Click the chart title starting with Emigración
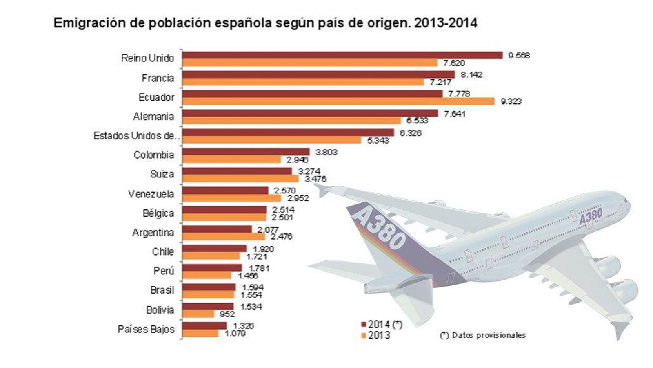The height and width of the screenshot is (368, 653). [265, 23]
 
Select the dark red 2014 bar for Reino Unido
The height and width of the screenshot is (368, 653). [342, 55]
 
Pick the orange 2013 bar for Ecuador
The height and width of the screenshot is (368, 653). [338, 101]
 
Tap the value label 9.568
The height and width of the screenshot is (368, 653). [519, 56]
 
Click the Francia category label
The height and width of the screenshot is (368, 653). [158, 78]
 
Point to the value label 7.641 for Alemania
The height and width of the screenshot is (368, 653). [454, 114]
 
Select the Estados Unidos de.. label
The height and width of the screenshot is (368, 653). [136, 136]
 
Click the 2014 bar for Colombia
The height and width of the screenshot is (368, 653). [246, 152]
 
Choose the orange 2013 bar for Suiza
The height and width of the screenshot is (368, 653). [240, 179]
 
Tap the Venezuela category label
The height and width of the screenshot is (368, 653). [151, 194]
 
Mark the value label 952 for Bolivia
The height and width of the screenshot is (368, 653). [227, 314]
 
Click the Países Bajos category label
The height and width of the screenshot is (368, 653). [146, 329]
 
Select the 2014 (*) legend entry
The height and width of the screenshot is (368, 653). [382, 325]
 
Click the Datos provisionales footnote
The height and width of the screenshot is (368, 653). [483, 335]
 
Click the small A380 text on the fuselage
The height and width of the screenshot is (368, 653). [591, 215]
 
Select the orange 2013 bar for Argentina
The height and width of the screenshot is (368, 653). [223, 236]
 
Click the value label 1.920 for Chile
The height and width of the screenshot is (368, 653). [263, 249]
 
